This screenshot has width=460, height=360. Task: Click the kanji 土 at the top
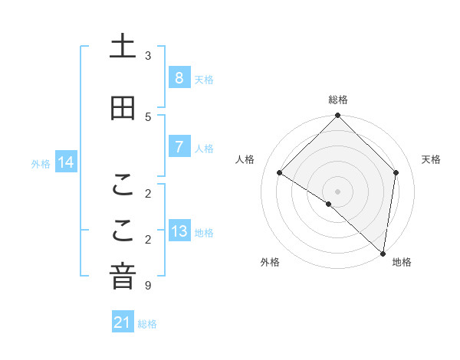click(x=123, y=46)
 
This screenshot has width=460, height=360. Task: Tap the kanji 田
click(x=123, y=108)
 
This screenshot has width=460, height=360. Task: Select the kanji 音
click(x=123, y=277)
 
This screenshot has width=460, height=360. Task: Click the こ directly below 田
click(x=123, y=185)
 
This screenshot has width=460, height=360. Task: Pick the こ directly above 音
click(x=123, y=231)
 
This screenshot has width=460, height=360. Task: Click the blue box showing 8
click(x=179, y=78)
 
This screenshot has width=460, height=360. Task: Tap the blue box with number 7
click(x=179, y=147)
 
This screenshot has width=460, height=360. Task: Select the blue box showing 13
click(x=179, y=231)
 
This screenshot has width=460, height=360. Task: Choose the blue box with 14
click(x=65, y=162)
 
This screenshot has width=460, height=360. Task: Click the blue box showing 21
click(x=123, y=323)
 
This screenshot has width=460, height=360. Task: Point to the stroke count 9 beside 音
click(x=148, y=286)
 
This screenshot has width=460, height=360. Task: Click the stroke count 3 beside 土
click(x=148, y=55)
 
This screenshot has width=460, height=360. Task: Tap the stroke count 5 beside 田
click(x=148, y=116)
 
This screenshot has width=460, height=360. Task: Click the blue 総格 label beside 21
click(x=147, y=324)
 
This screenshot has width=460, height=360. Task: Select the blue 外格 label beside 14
click(x=41, y=163)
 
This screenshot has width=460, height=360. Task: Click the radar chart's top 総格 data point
click(x=337, y=116)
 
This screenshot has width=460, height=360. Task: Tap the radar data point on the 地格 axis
click(x=383, y=253)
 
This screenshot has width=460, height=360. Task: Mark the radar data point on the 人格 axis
click(x=280, y=172)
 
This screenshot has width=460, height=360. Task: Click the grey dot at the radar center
click(x=337, y=191)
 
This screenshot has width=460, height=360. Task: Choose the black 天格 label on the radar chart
click(x=431, y=159)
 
